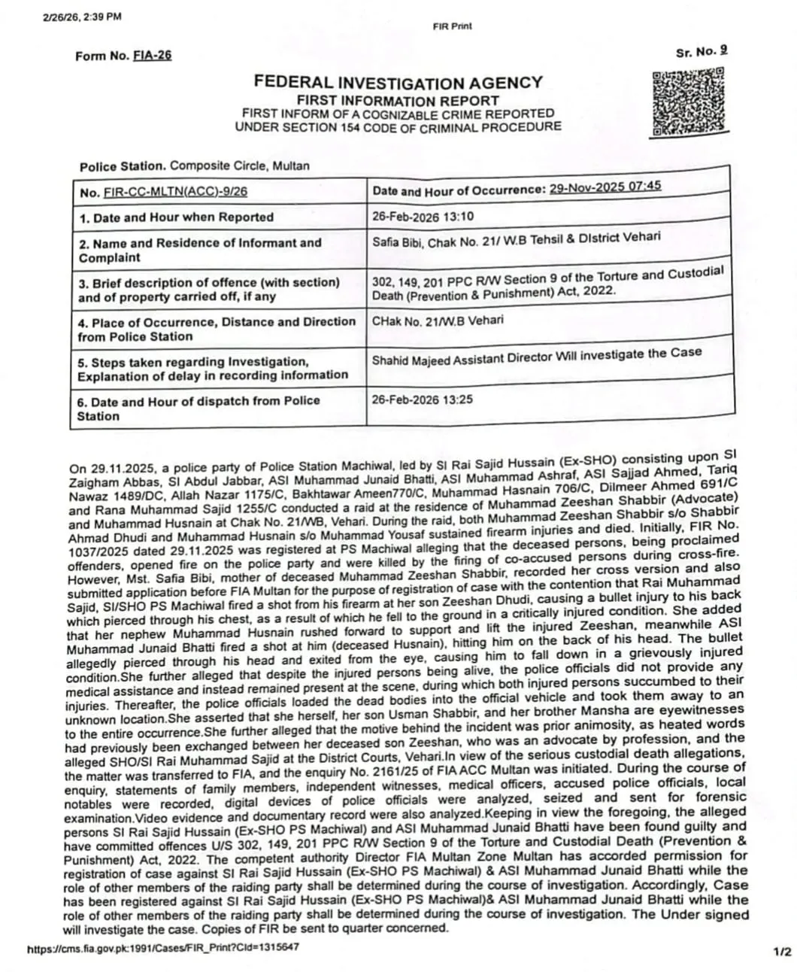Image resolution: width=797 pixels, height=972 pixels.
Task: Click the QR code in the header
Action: pyautogui.click(x=688, y=102)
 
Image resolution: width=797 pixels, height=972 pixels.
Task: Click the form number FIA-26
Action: pyautogui.click(x=152, y=56)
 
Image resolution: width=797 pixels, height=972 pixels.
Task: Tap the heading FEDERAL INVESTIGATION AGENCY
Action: pyautogui.click(x=398, y=83)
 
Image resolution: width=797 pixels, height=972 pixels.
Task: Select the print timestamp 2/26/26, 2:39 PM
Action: pyautogui.click(x=83, y=17)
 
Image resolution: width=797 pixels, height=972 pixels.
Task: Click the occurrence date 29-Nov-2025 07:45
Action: pyautogui.click(x=605, y=187)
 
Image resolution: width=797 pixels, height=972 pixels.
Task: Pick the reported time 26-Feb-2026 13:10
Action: pyautogui.click(x=423, y=217)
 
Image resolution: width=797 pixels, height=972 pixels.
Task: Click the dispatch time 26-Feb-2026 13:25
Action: pyautogui.click(x=423, y=399)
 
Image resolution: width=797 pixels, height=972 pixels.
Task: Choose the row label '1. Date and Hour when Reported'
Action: pyautogui.click(x=176, y=217)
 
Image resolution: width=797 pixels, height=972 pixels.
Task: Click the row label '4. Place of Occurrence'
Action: pyautogui.click(x=216, y=322)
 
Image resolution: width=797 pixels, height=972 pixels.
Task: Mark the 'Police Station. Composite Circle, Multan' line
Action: pyautogui.click(x=194, y=166)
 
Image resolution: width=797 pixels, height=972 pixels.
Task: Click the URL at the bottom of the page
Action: pyautogui.click(x=162, y=946)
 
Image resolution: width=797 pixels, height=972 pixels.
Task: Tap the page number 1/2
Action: pyautogui.click(x=781, y=952)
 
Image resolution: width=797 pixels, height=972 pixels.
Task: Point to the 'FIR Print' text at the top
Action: pyautogui.click(x=453, y=26)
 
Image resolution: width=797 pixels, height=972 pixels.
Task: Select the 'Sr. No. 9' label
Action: pyautogui.click(x=702, y=51)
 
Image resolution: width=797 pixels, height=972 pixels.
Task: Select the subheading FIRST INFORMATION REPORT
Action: pyautogui.click(x=398, y=100)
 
